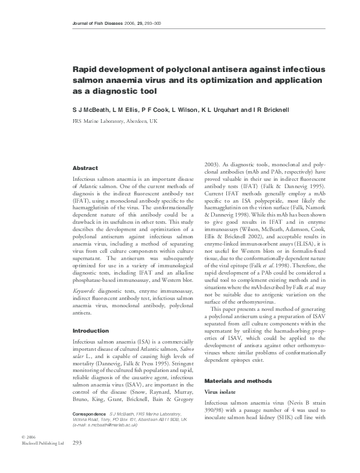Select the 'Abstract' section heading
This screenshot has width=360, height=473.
pyautogui.click(x=85, y=168)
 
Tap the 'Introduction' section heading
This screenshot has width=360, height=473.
pyautogui.click(x=91, y=331)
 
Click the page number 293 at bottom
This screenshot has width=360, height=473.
pyautogui.click(x=77, y=460)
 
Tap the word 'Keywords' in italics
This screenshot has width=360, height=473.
pyautogui.click(x=85, y=292)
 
